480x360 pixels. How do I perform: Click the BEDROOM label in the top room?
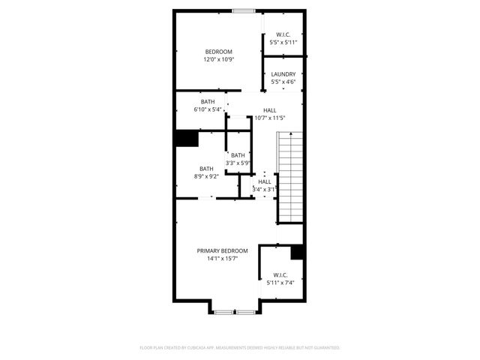coord(218,51)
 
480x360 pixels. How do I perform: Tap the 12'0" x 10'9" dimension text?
coord(218,59)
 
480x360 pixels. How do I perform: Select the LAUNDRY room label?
coord(283,74)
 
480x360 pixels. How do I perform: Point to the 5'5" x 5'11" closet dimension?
coord(283,42)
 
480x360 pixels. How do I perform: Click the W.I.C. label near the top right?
coord(283,34)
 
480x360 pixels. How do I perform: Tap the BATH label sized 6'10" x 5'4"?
coord(208,102)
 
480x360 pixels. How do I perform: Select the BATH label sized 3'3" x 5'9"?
coord(238,155)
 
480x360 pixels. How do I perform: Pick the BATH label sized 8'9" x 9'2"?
coord(206,169)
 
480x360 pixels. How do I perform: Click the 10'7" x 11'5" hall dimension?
coord(269,118)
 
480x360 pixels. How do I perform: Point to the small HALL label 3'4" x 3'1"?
coord(265,181)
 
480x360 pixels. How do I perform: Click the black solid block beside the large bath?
coord(186,139)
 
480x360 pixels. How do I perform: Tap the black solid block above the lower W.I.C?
coord(297,253)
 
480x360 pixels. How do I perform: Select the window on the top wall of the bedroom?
coord(242,10)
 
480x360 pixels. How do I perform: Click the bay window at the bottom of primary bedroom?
coord(235,310)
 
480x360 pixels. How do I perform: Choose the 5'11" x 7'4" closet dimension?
coord(280,283)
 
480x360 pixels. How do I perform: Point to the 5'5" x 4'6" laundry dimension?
coord(283,82)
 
